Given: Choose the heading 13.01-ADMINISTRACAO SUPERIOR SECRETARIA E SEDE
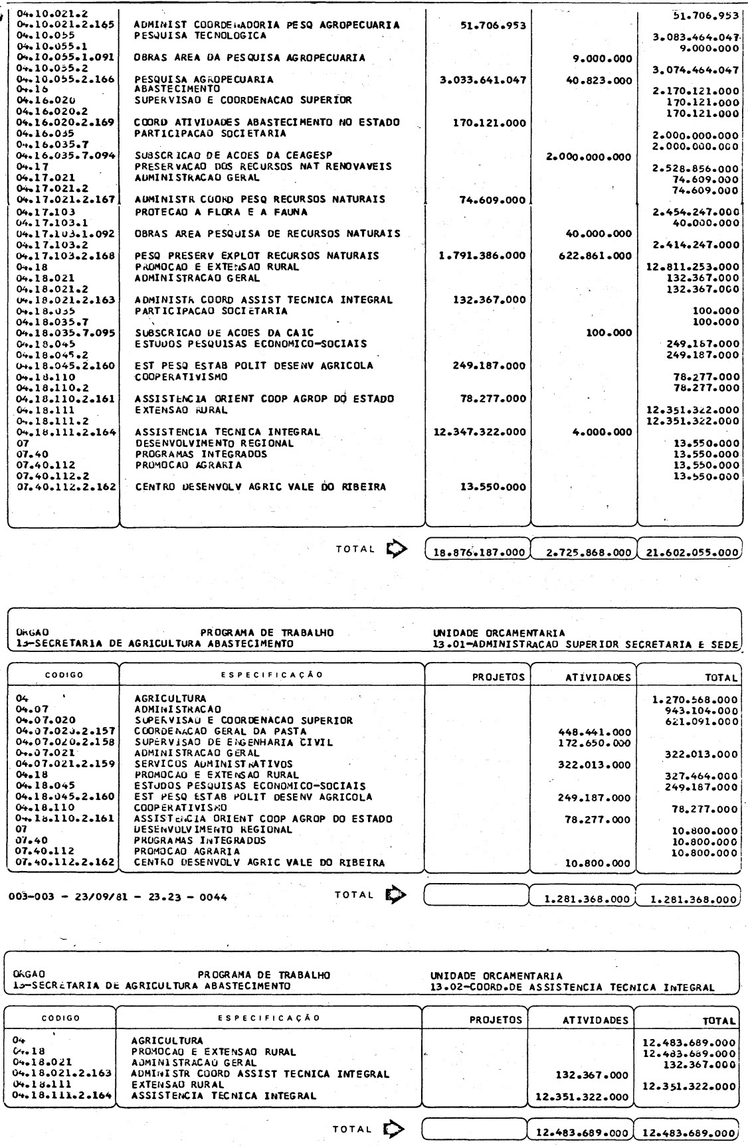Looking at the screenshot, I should tap(585, 643).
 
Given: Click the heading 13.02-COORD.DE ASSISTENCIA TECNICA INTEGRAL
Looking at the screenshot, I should tap(572, 987).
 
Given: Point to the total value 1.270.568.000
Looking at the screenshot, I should tap(695, 699).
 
